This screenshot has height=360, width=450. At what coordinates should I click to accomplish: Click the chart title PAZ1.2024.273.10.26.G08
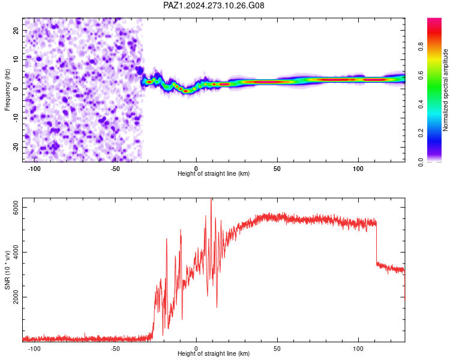coord(214,5)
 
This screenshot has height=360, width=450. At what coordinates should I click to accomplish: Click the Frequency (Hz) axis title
coord(7,89)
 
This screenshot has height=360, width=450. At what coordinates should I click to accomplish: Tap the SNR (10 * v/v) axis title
coord(7,270)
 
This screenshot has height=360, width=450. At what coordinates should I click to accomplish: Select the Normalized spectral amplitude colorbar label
coord(445,90)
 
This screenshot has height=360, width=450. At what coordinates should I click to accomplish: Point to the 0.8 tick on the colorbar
coord(421,46)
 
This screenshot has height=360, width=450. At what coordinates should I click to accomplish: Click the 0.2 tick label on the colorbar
coord(421,133)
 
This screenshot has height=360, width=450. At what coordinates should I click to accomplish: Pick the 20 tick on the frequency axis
coord(16,30)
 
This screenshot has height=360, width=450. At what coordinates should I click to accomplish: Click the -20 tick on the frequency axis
coord(16,147)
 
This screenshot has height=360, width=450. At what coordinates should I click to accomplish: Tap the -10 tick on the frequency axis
coord(16,118)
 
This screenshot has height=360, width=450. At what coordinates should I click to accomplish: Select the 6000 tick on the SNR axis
coord(16,207)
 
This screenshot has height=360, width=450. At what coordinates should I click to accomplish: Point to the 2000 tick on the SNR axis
coord(16,297)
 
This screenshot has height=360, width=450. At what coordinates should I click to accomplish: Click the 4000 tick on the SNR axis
coord(16,252)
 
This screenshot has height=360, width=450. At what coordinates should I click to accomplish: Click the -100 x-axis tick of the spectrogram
coord(34,169)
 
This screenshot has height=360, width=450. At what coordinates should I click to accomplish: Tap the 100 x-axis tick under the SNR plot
coord(358,349)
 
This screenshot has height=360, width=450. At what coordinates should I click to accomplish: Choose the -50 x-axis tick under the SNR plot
coord(115,349)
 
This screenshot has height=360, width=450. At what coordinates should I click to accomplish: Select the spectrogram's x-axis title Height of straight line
coord(214,173)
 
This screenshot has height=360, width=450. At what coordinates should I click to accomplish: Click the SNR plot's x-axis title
coord(214,353)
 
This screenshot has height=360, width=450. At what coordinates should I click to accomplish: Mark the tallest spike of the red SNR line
coord(211,199)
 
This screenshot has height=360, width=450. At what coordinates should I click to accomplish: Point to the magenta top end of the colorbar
coord(434,19)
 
